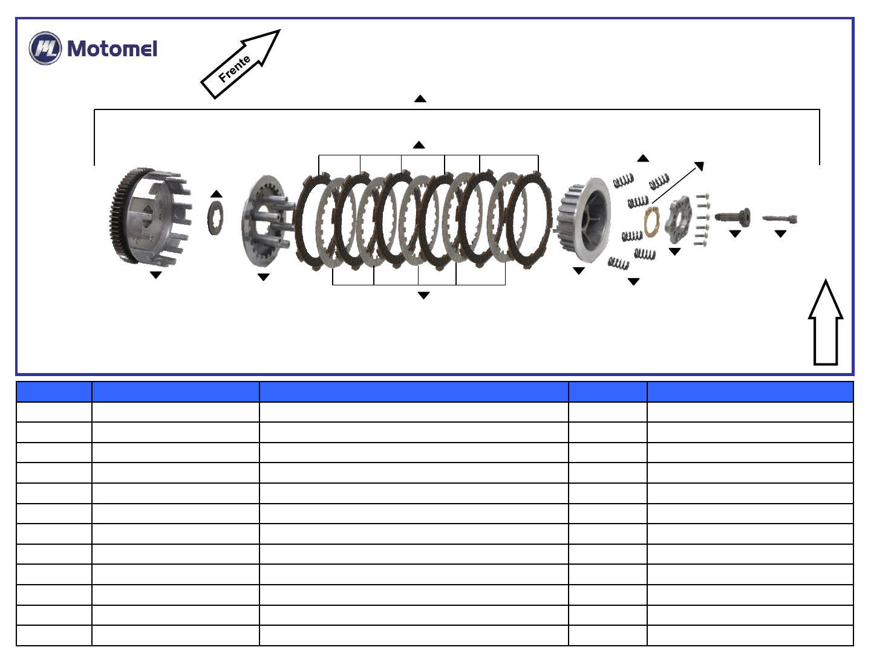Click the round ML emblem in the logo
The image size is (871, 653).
pyautogui.click(x=45, y=48)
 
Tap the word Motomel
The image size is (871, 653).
pyautogui.click(x=113, y=49)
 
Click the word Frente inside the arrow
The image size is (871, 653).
pyautogui.click(x=235, y=68)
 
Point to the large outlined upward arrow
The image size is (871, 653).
pyautogui.click(x=826, y=322)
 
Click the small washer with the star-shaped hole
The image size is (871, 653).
pyautogui.click(x=215, y=218)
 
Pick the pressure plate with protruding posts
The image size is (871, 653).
pyautogui.click(x=268, y=221)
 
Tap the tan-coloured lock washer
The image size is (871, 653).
pyautogui.click(x=651, y=223)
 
